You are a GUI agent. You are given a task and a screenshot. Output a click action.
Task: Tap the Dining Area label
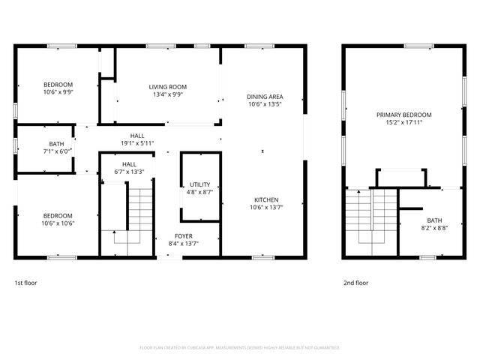[x=265, y=97]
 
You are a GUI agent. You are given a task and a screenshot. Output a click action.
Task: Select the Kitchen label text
[x=266, y=199]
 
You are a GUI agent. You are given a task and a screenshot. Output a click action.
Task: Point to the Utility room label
[x=200, y=184]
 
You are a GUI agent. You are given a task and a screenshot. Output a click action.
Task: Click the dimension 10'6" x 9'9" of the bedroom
[x=58, y=92]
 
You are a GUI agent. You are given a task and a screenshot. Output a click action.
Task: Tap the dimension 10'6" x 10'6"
[x=58, y=223]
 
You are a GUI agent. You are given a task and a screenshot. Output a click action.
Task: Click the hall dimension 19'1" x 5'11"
[x=137, y=143]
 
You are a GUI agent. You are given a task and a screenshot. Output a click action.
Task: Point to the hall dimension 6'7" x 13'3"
[x=129, y=172]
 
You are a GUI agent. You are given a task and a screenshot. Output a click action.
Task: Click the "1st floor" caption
[x=25, y=283]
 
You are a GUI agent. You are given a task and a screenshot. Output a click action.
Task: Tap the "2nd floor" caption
[x=355, y=283]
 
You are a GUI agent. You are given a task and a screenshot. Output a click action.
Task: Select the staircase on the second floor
[x=371, y=217]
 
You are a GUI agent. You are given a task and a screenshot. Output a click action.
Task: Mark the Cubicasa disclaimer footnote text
[x=240, y=348]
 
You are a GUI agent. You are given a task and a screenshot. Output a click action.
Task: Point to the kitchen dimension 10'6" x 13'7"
[x=266, y=207]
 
